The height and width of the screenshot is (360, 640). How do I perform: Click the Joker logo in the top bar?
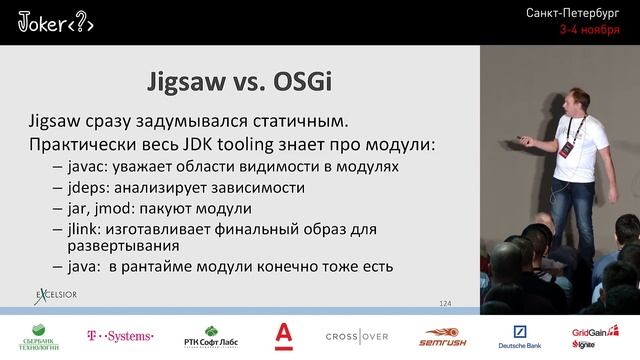56,24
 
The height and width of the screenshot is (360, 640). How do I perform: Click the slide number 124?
446,302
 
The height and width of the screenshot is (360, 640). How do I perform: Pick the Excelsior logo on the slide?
55,296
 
